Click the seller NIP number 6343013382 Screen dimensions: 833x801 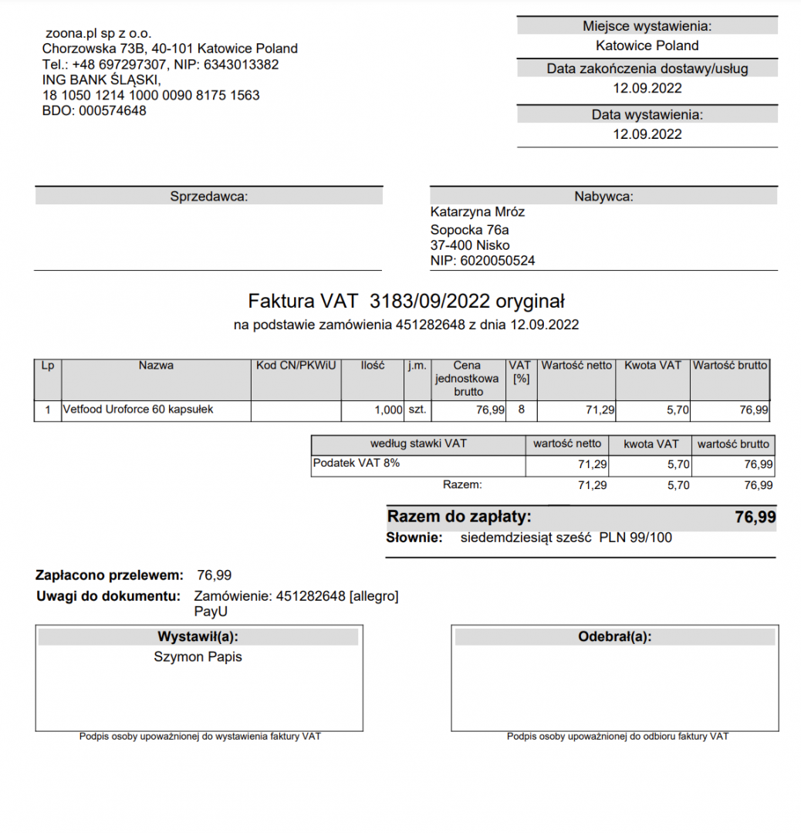coord(241,64)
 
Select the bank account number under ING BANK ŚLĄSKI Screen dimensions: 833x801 coord(151,96)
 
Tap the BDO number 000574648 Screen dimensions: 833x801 coord(112,110)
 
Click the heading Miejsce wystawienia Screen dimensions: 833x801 coord(647,26)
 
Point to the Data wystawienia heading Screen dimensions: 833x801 coord(647,115)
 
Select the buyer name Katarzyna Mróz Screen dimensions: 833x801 coord(477,211)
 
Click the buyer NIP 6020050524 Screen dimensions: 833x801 coord(498,261)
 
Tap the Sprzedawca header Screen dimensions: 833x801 coord(208,197)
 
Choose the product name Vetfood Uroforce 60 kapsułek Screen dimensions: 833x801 coord(138,410)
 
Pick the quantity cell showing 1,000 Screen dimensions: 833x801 coord(388,410)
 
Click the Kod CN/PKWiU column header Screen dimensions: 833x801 coord(296,366)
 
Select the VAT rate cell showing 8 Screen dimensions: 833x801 coord(521,410)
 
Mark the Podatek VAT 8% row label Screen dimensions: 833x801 coord(357,464)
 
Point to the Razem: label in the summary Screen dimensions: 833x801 coord(462,485)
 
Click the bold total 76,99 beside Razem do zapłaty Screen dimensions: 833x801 coord(755,517)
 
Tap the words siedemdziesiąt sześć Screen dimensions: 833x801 coord(526,538)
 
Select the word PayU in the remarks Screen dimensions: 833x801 coord(211,612)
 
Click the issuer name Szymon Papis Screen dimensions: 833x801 coord(198,657)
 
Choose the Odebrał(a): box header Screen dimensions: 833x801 coord(614,637)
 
